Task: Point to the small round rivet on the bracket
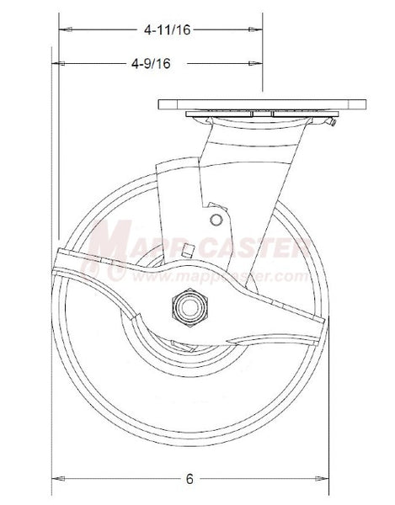coord(217,220)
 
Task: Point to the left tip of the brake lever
coord(56,260)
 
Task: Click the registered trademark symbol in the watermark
coord(119,273)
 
